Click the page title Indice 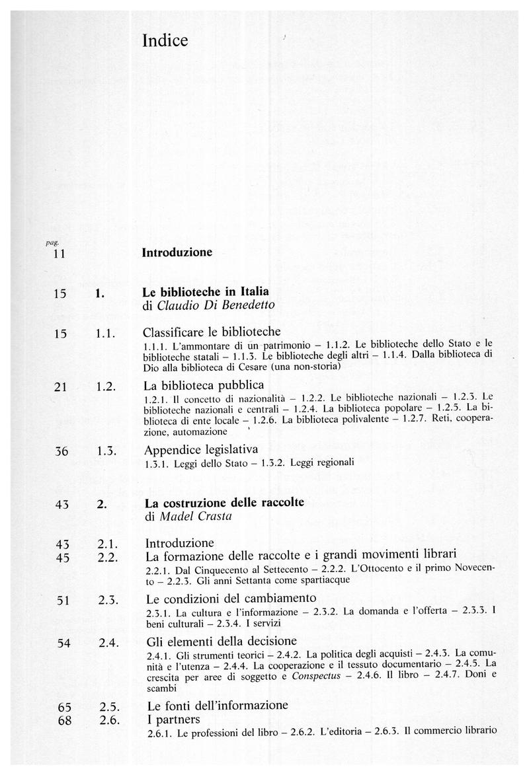pyautogui.click(x=165, y=41)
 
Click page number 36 pyautogui.click(x=63, y=451)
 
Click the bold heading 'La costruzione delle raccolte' pyautogui.click(x=224, y=503)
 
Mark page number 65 pyautogui.click(x=64, y=706)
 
